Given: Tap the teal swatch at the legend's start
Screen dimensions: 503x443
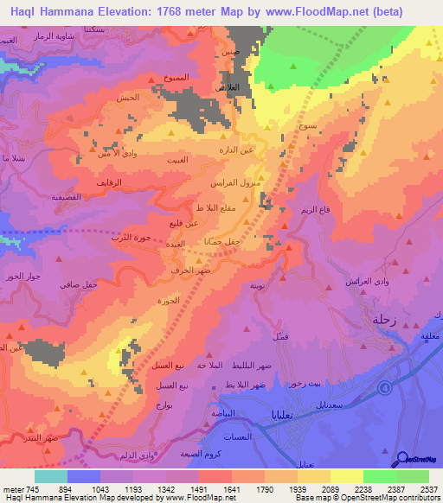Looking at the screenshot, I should [50, 475].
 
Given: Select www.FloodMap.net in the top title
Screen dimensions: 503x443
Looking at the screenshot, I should [325, 10].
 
